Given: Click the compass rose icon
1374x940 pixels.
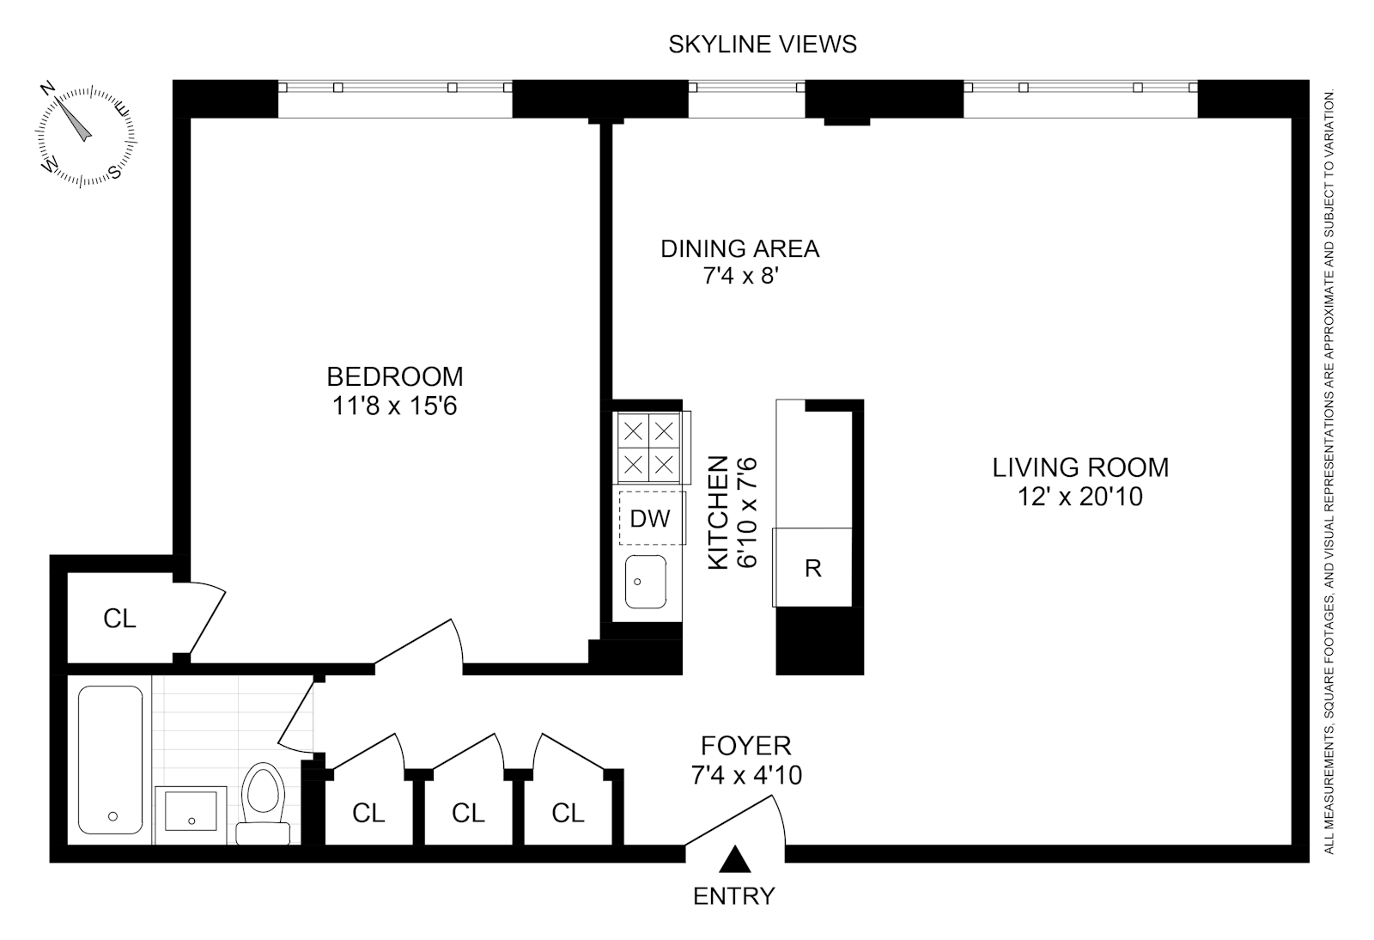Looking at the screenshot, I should tap(85, 134).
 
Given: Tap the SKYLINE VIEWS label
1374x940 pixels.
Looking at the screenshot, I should tap(763, 44).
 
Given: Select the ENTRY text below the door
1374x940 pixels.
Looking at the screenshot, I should tap(734, 896).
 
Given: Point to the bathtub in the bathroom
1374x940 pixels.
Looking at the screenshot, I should tap(111, 760).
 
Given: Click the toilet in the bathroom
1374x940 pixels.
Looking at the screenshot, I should tap(263, 803).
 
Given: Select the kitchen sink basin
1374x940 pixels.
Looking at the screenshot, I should tap(646, 582).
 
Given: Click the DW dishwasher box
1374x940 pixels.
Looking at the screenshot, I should tap(651, 518).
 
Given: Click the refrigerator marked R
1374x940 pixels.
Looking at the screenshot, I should tap(812, 568).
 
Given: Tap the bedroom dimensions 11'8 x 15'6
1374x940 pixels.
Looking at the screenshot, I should tap(394, 406).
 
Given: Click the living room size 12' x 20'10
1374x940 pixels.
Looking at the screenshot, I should tap(1080, 497).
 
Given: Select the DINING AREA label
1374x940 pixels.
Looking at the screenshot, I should tap(739, 249).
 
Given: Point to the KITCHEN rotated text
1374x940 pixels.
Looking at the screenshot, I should tap(719, 512).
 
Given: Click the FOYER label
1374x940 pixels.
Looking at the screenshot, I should tap(745, 745).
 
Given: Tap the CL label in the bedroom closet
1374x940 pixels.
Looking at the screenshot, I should tap(119, 619).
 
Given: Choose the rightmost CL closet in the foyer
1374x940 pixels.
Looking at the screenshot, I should tap(568, 812).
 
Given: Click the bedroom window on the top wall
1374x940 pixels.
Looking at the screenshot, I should tap(395, 88).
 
